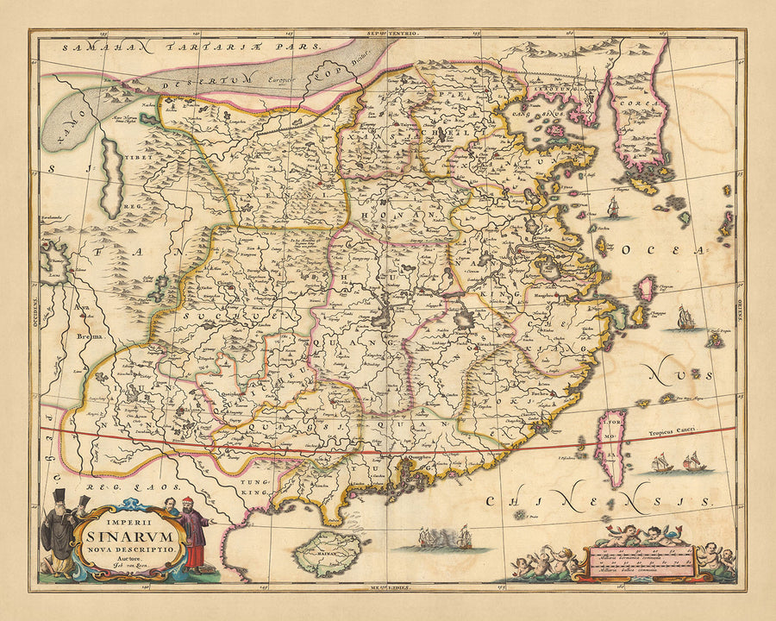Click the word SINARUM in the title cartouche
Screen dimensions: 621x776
click(x=128, y=533)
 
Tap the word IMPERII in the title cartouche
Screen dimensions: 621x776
click(x=128, y=519)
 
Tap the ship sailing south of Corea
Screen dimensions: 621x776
click(x=612, y=207)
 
